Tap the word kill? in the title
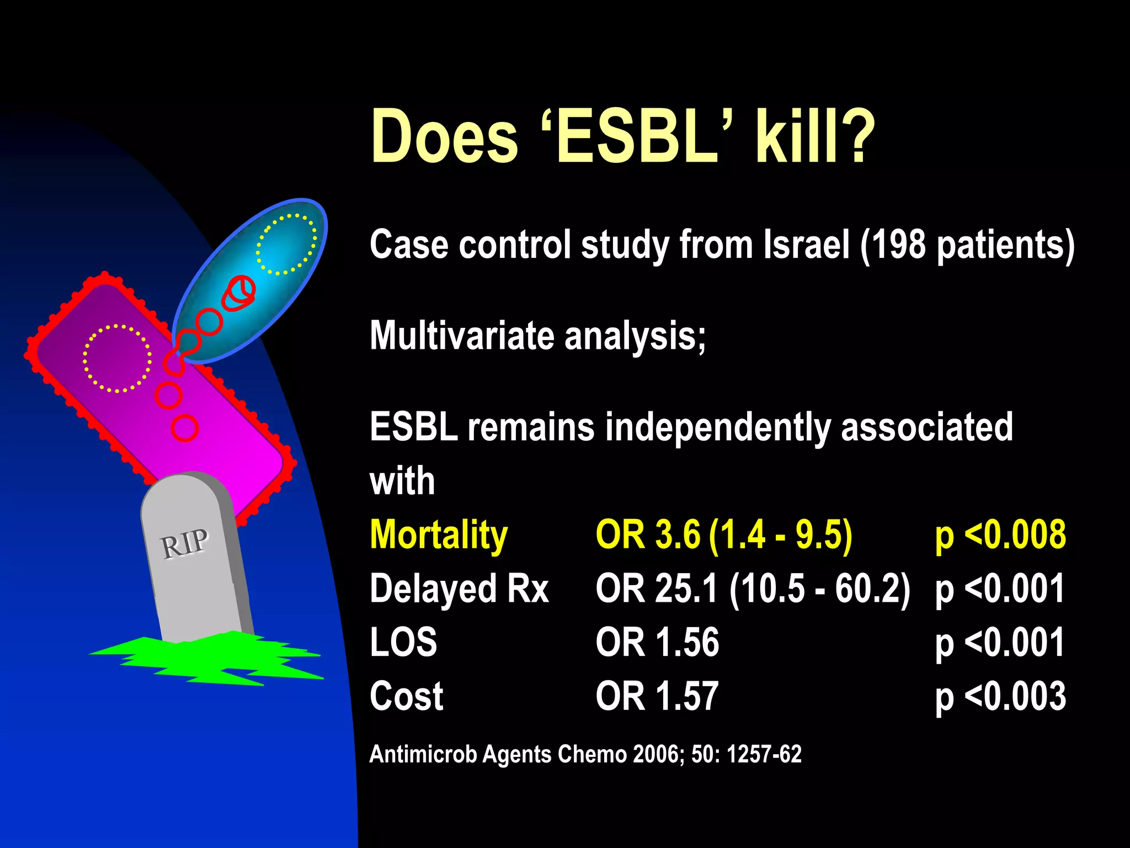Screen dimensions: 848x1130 [x=815, y=137]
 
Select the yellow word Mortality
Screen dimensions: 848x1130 [x=439, y=536]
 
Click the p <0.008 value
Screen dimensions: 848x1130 [x=1000, y=536]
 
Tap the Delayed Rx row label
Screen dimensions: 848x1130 [x=459, y=589]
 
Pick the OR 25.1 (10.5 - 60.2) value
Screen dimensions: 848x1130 [x=753, y=589]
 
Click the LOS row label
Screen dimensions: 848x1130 [x=403, y=642]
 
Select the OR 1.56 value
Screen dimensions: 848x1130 [x=657, y=642]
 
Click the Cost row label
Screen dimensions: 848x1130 [x=407, y=696]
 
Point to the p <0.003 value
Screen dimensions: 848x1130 [x=1000, y=696]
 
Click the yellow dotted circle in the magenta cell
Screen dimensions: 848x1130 [x=117, y=359]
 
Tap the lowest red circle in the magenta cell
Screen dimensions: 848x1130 [x=184, y=428]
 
